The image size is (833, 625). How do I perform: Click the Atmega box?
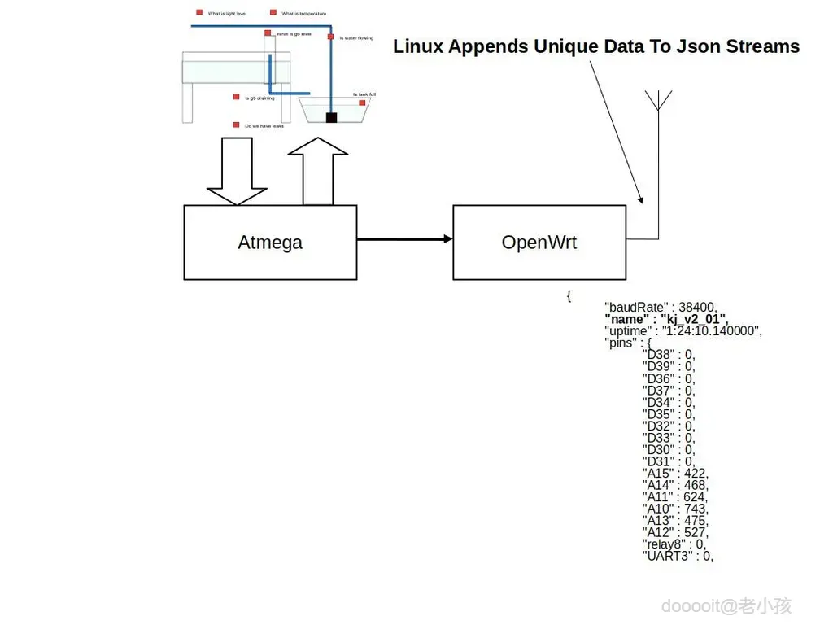point(270,243)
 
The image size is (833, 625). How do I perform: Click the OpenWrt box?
point(539,243)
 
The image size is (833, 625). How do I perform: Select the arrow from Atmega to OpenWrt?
point(404,238)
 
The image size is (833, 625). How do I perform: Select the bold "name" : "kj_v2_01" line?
point(666,319)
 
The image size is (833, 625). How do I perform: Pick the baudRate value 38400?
point(697,308)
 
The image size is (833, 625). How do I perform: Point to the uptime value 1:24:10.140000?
point(712,331)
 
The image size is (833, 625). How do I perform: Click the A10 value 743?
point(696,509)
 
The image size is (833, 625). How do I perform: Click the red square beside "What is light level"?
point(199,12)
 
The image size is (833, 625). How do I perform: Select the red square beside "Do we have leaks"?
point(236,125)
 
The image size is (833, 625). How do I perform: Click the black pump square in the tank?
point(331,118)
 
